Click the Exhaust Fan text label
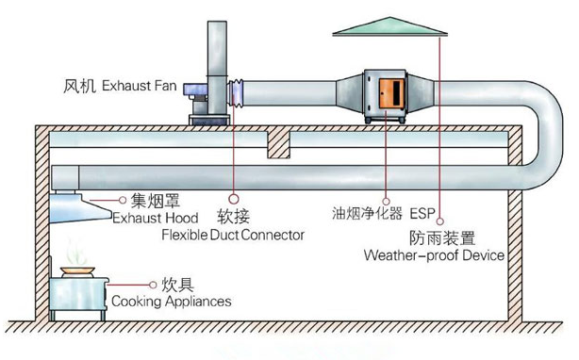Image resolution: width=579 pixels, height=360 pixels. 140,86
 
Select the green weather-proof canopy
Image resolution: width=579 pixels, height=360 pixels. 390,26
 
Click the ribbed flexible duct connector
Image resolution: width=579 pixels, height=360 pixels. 236,93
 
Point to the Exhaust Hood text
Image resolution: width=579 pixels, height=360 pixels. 156,218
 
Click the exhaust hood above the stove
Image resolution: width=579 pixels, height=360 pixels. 79,208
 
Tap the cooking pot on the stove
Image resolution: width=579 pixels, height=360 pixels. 78,272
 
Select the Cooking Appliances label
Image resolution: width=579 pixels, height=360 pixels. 172,302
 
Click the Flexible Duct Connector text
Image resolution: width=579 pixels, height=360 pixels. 233,235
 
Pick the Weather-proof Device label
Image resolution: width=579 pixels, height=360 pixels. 434,255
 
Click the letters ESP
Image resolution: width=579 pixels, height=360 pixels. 422,213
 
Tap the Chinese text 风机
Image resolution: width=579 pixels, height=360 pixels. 79,86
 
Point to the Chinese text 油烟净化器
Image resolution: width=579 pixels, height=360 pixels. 367,213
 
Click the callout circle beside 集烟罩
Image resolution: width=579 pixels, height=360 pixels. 123,200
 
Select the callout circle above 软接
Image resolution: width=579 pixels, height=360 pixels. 233,199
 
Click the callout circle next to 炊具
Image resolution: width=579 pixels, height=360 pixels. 153,285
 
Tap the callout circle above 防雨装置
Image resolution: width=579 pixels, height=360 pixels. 439,221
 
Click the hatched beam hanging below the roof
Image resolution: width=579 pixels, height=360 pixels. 278,144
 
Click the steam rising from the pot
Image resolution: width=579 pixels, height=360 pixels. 76,252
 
